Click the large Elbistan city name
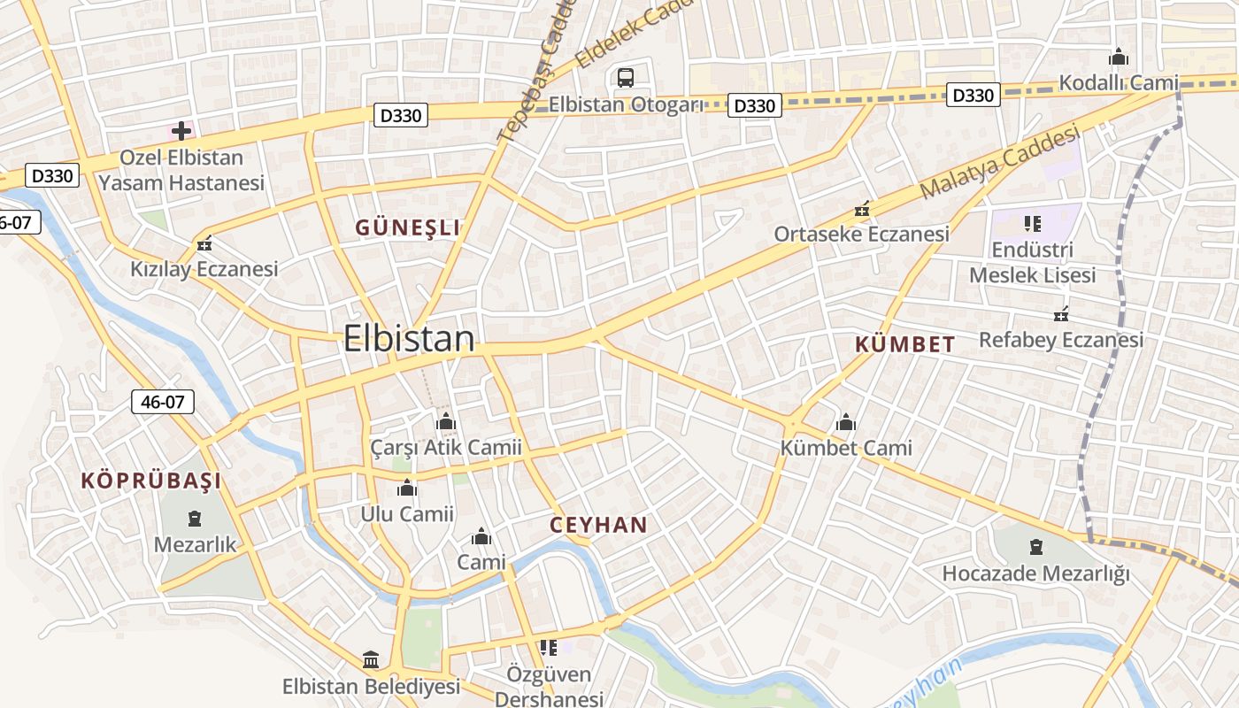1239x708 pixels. pyautogui.click(x=409, y=339)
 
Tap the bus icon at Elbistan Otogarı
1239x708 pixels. pyautogui.click(x=626, y=78)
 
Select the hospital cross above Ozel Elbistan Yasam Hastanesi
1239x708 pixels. pyautogui.click(x=181, y=131)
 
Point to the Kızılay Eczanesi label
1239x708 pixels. pyautogui.click(x=204, y=269)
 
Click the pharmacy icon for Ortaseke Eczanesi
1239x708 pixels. pyautogui.click(x=861, y=211)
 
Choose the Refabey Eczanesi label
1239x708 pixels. pyautogui.click(x=1061, y=340)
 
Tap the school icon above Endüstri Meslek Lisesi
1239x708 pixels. pyautogui.click(x=1032, y=223)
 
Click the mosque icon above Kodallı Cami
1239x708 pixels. pyautogui.click(x=1119, y=58)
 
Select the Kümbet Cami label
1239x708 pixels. pyautogui.click(x=846, y=448)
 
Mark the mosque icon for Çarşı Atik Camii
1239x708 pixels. pyautogui.click(x=446, y=422)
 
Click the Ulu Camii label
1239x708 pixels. pyautogui.click(x=407, y=514)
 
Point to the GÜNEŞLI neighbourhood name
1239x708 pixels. pyautogui.click(x=408, y=228)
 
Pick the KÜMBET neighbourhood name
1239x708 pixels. pyautogui.click(x=905, y=345)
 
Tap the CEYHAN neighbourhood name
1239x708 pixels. pyautogui.click(x=598, y=525)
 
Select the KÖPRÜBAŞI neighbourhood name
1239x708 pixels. pyautogui.click(x=151, y=481)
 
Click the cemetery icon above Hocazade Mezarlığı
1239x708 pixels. pyautogui.click(x=1036, y=547)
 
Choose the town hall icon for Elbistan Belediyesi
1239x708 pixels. pyautogui.click(x=372, y=660)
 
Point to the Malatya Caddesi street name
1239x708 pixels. pyautogui.click(x=1000, y=162)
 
